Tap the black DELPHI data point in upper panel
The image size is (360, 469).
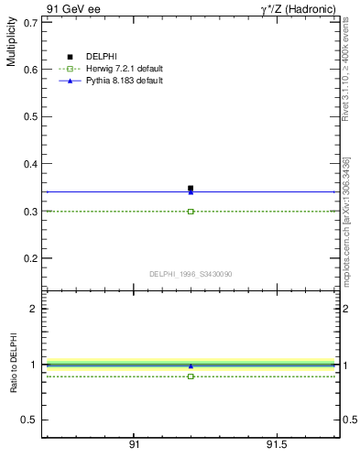[191, 188]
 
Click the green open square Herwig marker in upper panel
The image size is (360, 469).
[191, 211]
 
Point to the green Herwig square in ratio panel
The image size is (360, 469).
[191, 376]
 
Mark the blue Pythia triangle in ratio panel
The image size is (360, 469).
[191, 365]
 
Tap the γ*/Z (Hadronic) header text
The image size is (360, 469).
[298, 9]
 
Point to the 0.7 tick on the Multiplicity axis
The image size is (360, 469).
[29, 22]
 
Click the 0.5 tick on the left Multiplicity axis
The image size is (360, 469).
[29, 116]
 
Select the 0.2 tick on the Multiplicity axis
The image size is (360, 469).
[29, 258]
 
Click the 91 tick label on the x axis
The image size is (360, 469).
[134, 444]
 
